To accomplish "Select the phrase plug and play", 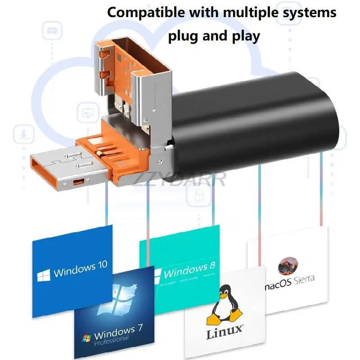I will (214, 36).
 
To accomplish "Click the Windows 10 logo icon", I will (43, 274).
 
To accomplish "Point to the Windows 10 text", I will (80, 270).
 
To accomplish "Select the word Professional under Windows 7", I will (111, 341).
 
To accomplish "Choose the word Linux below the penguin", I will (225, 333).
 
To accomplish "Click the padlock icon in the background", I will (198, 194).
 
